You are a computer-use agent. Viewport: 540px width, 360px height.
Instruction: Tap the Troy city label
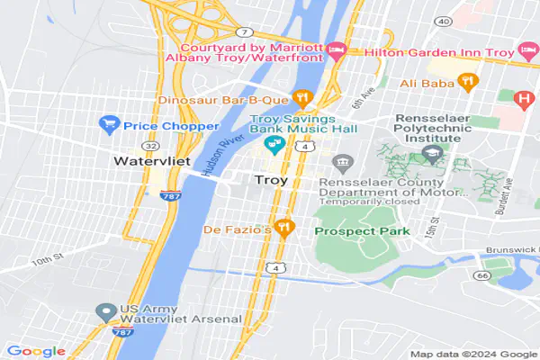(x=271, y=181)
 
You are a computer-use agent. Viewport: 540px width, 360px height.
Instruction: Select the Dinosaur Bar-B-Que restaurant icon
(x=305, y=97)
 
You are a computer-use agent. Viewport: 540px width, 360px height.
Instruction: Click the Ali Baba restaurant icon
(x=466, y=83)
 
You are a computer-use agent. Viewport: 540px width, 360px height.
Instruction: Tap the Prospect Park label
(x=362, y=231)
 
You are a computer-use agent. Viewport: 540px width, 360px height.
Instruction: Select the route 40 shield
(x=441, y=20)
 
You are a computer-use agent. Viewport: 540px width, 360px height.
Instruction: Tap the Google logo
(x=36, y=350)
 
